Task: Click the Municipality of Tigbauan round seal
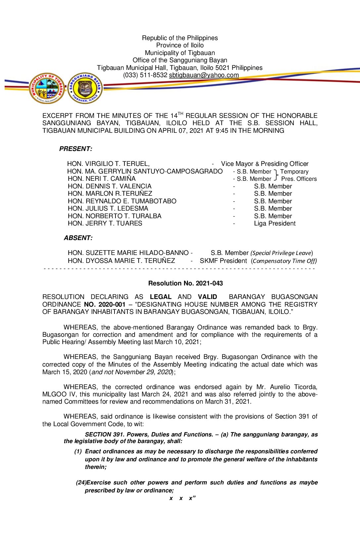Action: point(47,88)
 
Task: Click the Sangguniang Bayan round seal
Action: point(85,88)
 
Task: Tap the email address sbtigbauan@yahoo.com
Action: point(204,75)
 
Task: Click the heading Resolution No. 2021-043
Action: point(185,283)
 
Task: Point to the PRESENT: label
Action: point(76,149)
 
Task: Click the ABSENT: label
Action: point(78,238)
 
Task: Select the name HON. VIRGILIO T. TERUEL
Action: point(108,164)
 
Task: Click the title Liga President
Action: point(275,224)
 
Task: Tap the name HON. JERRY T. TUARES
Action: point(105,224)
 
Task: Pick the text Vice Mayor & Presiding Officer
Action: point(265,164)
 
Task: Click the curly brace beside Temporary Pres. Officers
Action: point(276,175)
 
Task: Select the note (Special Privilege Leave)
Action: point(282,253)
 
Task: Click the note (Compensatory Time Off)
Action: point(284,261)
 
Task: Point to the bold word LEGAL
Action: point(160,297)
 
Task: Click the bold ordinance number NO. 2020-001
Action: point(105,304)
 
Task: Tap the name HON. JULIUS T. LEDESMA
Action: point(108,209)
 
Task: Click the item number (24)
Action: point(81,482)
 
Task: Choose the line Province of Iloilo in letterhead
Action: point(180,45)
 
